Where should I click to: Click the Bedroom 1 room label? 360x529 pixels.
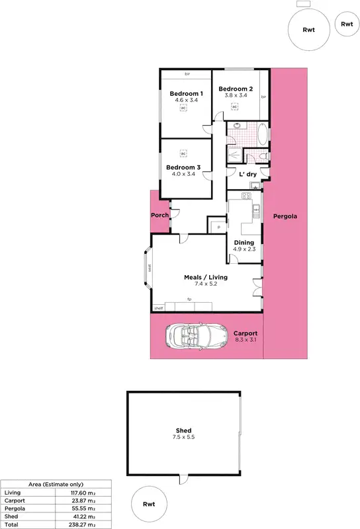pyautogui.click(x=186, y=93)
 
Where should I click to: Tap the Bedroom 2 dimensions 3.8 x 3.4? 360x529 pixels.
pyautogui.click(x=236, y=96)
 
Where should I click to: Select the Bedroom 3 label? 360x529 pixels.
pyautogui.click(x=183, y=167)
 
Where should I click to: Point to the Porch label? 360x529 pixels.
pyautogui.click(x=159, y=216)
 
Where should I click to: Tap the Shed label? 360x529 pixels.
pyautogui.click(x=183, y=430)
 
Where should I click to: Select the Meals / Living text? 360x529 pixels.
pyautogui.click(x=205, y=276)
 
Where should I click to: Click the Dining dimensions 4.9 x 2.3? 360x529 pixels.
pyautogui.click(x=244, y=249)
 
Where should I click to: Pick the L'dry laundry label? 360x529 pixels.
pyautogui.click(x=247, y=173)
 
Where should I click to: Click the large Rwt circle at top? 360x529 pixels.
pyautogui.click(x=308, y=28)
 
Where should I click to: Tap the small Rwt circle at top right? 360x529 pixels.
pyautogui.click(x=347, y=24)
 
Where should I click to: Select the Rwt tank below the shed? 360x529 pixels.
pyautogui.click(x=150, y=504)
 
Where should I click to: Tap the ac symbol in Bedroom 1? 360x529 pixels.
pyautogui.click(x=186, y=110)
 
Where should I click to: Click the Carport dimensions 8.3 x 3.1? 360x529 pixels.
pyautogui.click(x=246, y=340)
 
